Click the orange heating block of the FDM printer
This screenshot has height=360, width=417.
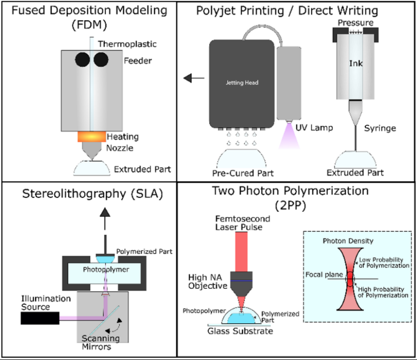tap(91, 137)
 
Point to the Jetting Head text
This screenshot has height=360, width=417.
tap(242, 83)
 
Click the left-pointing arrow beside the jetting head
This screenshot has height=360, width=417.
tap(192, 78)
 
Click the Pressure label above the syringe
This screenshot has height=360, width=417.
tap(355, 23)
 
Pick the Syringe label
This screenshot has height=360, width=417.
tap(379, 128)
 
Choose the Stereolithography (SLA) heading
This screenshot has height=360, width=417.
tap(89, 193)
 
